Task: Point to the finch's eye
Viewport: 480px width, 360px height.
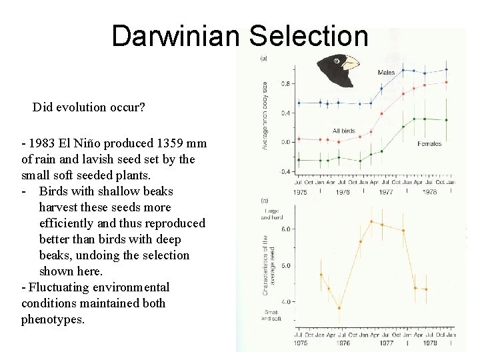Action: [337, 61]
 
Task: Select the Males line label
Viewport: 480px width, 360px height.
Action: [386, 73]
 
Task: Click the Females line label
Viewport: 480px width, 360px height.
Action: [429, 144]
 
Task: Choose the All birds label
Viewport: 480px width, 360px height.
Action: [343, 131]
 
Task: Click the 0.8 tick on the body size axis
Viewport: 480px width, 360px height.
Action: [285, 84]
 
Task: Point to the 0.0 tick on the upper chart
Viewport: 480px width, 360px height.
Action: [285, 142]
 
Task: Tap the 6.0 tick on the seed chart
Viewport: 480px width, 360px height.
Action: [285, 229]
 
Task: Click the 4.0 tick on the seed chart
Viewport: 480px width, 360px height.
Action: [285, 302]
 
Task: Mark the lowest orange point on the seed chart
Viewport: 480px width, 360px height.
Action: [339, 307]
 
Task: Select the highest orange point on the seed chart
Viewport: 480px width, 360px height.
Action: [371, 221]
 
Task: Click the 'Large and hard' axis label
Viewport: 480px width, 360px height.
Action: [270, 214]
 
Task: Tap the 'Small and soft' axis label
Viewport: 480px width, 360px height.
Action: [271, 315]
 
